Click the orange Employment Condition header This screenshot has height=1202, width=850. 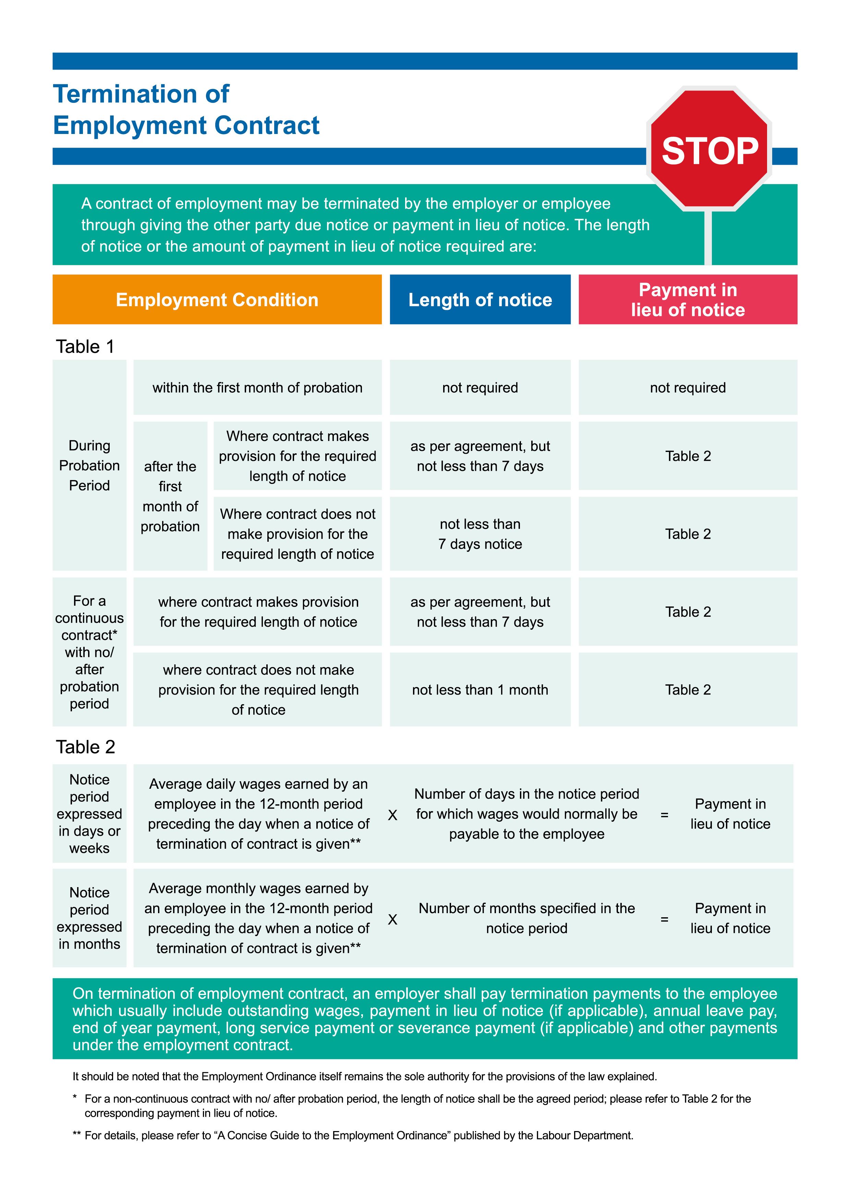217,299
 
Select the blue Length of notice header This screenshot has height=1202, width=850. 480,299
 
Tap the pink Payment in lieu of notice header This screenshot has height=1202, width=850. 687,299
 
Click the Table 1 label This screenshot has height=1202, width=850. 85,346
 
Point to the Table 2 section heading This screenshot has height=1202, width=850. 85,747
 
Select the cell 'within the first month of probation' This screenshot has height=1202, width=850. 257,388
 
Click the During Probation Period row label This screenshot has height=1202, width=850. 89,465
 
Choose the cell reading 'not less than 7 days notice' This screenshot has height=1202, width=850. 480,534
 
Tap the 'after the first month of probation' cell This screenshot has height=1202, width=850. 170,496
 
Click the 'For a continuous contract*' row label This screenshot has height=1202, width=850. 89,652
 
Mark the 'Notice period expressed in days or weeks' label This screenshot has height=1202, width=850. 89,813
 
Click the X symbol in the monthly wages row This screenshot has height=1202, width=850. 392,920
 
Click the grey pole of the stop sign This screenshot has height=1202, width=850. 708,238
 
